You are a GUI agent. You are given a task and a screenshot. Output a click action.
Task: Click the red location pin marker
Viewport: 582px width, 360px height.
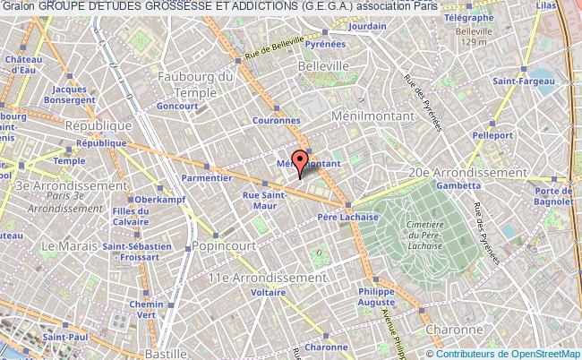pos(299,159)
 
